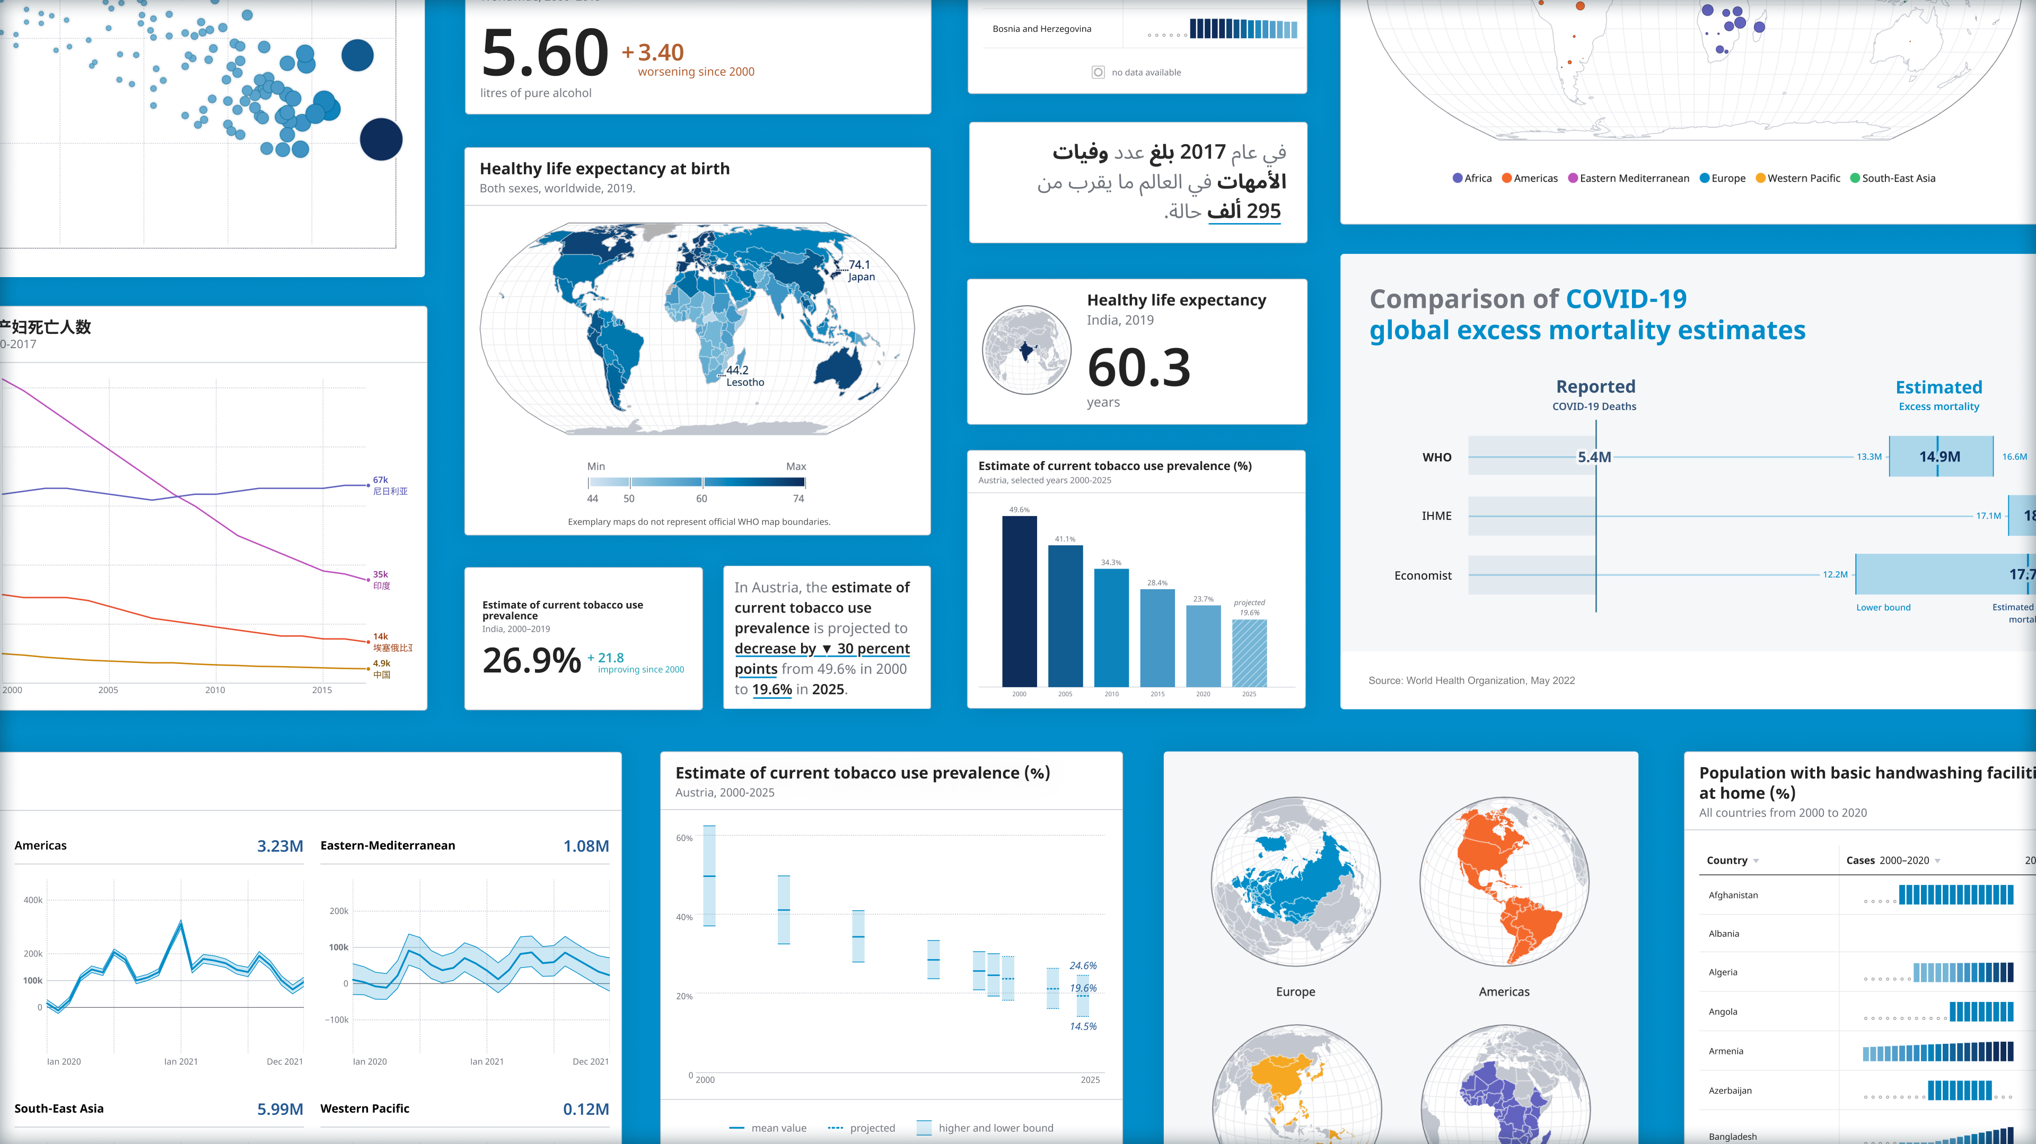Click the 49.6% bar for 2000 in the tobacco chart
coord(1019,600)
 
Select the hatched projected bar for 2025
coord(1249,653)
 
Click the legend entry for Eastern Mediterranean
coord(1633,179)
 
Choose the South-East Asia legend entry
coord(1898,179)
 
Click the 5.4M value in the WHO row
coord(1593,457)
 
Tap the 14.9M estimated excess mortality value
coord(1939,457)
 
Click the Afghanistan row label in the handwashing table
coord(1733,895)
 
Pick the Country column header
coord(1726,861)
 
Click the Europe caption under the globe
coord(1295,991)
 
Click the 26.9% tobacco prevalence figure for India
coord(531,660)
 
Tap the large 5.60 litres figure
coord(545,54)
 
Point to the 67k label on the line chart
coord(380,480)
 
